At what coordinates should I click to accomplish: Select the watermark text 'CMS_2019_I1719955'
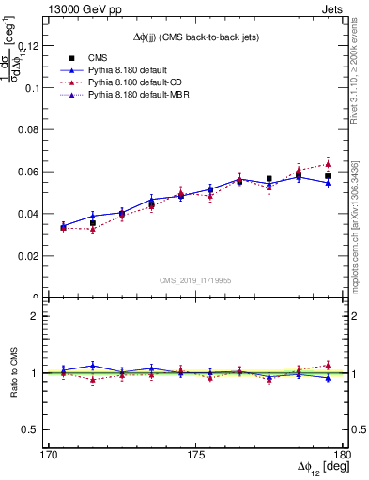194,279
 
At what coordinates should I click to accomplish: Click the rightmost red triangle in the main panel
328,164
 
